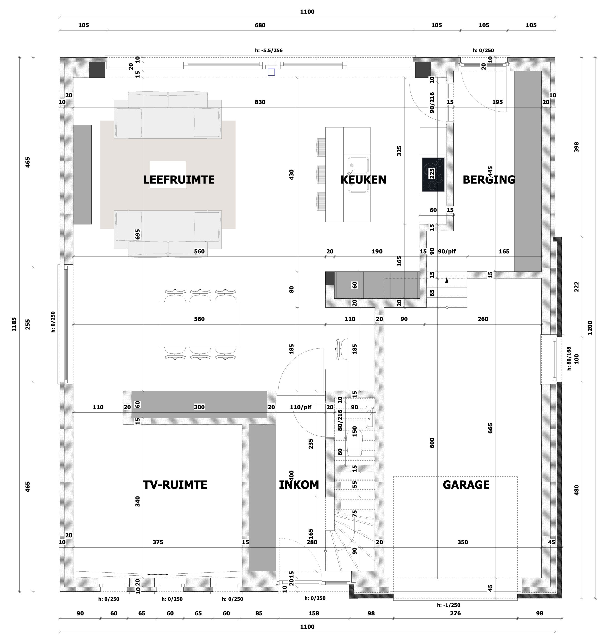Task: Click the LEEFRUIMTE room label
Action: pyautogui.click(x=179, y=180)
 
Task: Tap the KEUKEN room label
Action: pyautogui.click(x=363, y=180)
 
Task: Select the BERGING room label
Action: pyautogui.click(x=489, y=180)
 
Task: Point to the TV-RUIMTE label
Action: pyautogui.click(x=175, y=485)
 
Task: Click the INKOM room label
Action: pyautogui.click(x=299, y=485)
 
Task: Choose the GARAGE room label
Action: pyautogui.click(x=466, y=485)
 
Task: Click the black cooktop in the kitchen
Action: pyautogui.click(x=433, y=175)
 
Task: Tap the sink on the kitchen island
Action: pyautogui.click(x=358, y=175)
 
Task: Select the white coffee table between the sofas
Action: pyautogui.click(x=168, y=175)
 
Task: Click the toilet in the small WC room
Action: pyautogui.click(x=354, y=443)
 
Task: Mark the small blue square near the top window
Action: pyautogui.click(x=271, y=72)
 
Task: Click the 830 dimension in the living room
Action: pyautogui.click(x=260, y=102)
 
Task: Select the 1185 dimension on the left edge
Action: pyautogui.click(x=14, y=324)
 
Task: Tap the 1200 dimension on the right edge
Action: pyautogui.click(x=590, y=327)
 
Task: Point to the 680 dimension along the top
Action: pyautogui.click(x=260, y=25)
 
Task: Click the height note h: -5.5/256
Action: pyautogui.click(x=269, y=50)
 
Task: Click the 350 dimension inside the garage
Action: pyautogui.click(x=463, y=542)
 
